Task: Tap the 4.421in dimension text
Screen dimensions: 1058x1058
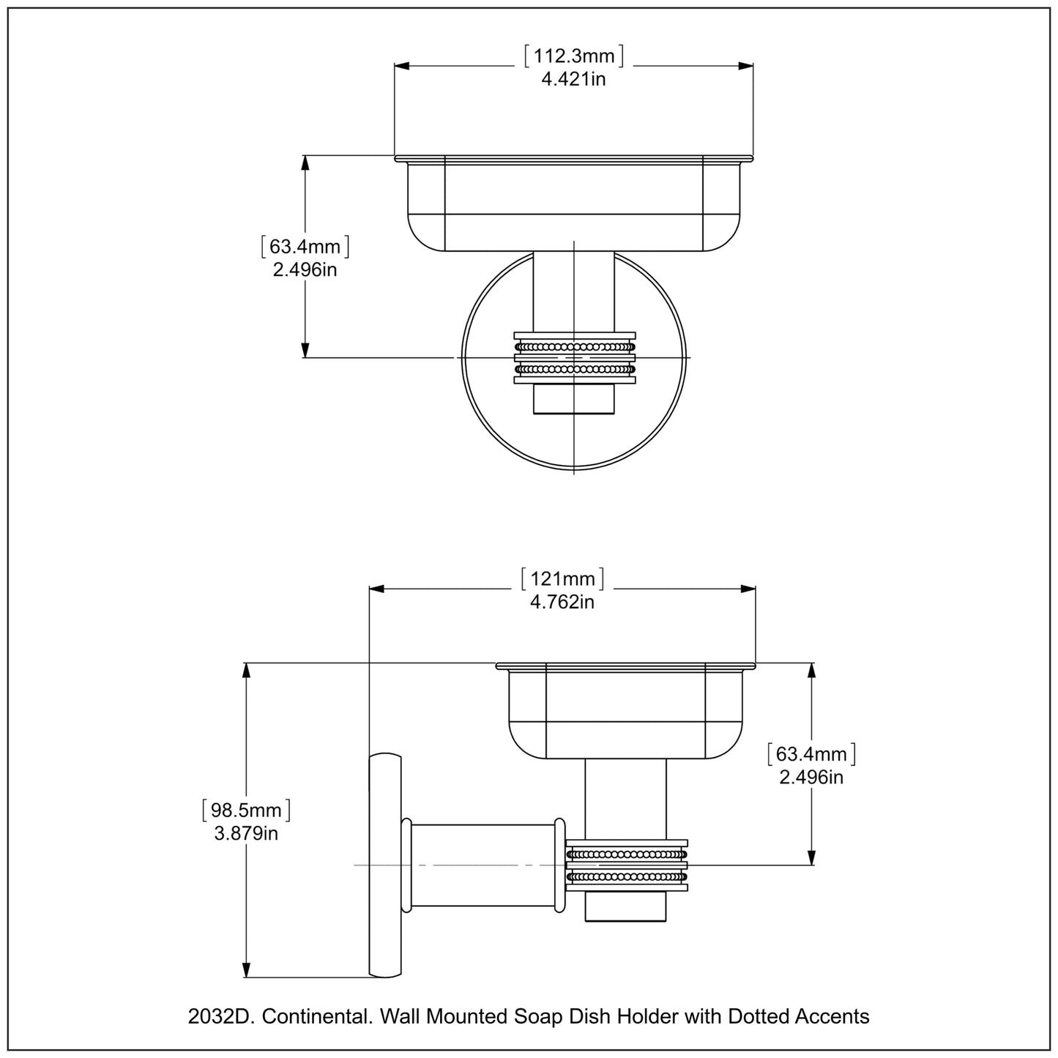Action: click(573, 79)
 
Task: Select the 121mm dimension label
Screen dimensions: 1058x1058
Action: click(562, 579)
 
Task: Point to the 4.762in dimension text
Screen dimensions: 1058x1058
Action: click(562, 602)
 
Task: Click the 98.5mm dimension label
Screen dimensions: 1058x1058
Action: click(246, 810)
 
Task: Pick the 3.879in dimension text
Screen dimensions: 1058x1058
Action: click(246, 833)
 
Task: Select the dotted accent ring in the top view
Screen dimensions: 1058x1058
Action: click(574, 358)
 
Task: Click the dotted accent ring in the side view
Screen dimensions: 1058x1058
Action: click(627, 865)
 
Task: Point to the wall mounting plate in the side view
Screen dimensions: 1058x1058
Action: click(385, 865)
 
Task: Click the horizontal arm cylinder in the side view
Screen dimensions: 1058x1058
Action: click(483, 865)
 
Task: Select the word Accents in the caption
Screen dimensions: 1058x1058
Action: click(833, 1016)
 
